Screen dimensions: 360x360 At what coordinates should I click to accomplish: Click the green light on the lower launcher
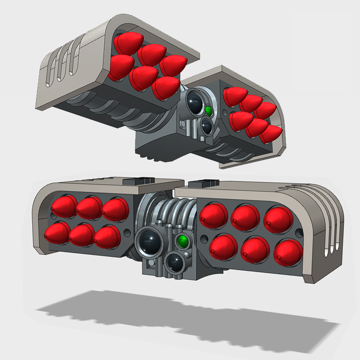(183, 241)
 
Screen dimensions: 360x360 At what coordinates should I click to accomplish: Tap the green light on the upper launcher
(209, 111)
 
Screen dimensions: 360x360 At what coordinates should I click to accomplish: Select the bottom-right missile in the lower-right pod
(288, 253)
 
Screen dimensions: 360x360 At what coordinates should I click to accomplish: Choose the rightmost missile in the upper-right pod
(271, 133)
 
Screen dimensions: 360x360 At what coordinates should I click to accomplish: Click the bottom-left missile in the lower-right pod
(223, 246)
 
